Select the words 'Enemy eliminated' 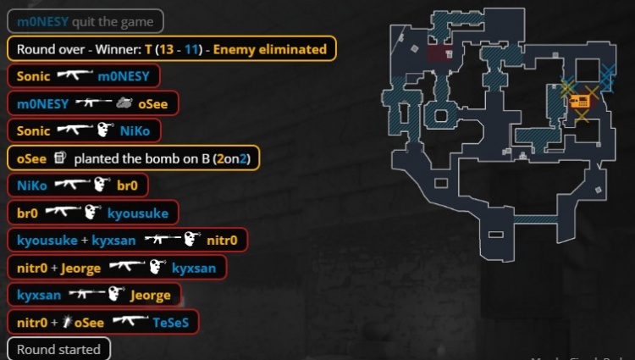click(269, 49)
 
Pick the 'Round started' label click(58, 349)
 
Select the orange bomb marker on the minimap click(580, 102)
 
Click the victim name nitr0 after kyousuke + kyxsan click(226, 240)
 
